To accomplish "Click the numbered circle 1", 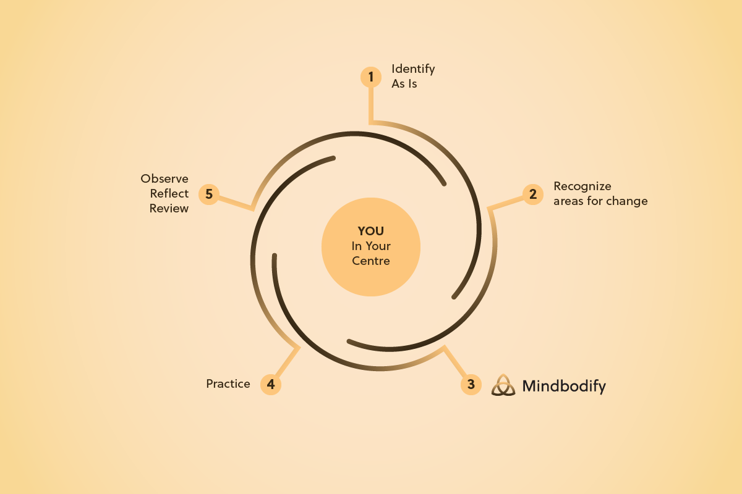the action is click(371, 77).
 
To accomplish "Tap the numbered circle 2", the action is click(532, 194).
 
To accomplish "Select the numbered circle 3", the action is click(471, 384).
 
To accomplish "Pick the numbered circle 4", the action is click(270, 384).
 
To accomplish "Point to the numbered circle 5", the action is click(209, 194).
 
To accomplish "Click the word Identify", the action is click(413, 69).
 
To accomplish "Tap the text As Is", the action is click(404, 83).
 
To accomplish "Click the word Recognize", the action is click(582, 186).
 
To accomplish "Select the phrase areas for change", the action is click(600, 201).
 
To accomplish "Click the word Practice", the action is click(228, 383).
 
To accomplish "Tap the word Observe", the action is click(164, 178).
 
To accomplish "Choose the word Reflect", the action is click(169, 193).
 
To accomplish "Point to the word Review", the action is click(169, 208).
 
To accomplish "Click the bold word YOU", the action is click(371, 231).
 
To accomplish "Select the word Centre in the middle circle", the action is click(371, 261).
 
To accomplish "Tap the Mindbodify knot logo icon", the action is click(503, 385).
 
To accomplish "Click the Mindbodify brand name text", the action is click(564, 387).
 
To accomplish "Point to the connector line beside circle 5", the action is click(235, 202).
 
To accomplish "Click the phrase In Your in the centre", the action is click(371, 246).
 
